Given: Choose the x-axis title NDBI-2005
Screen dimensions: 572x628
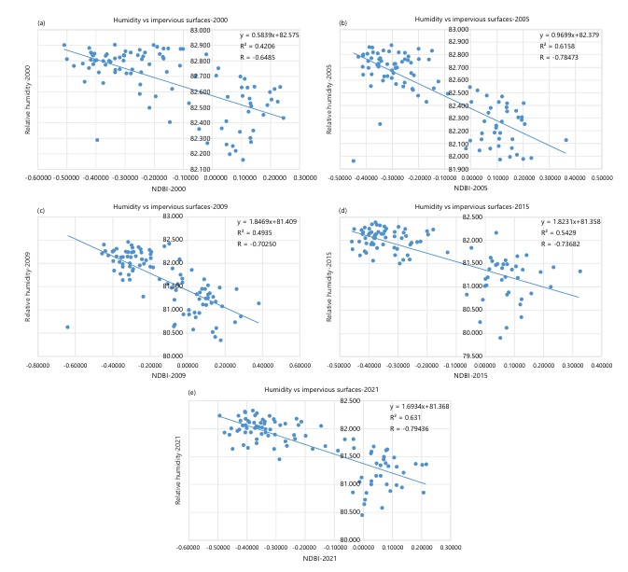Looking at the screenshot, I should tap(471, 189).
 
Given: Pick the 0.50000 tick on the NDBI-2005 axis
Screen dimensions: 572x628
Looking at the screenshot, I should tap(592, 174).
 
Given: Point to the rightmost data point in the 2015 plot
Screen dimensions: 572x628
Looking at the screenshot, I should tap(579, 272).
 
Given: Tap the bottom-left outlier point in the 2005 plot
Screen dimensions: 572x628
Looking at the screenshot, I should tap(353, 160).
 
